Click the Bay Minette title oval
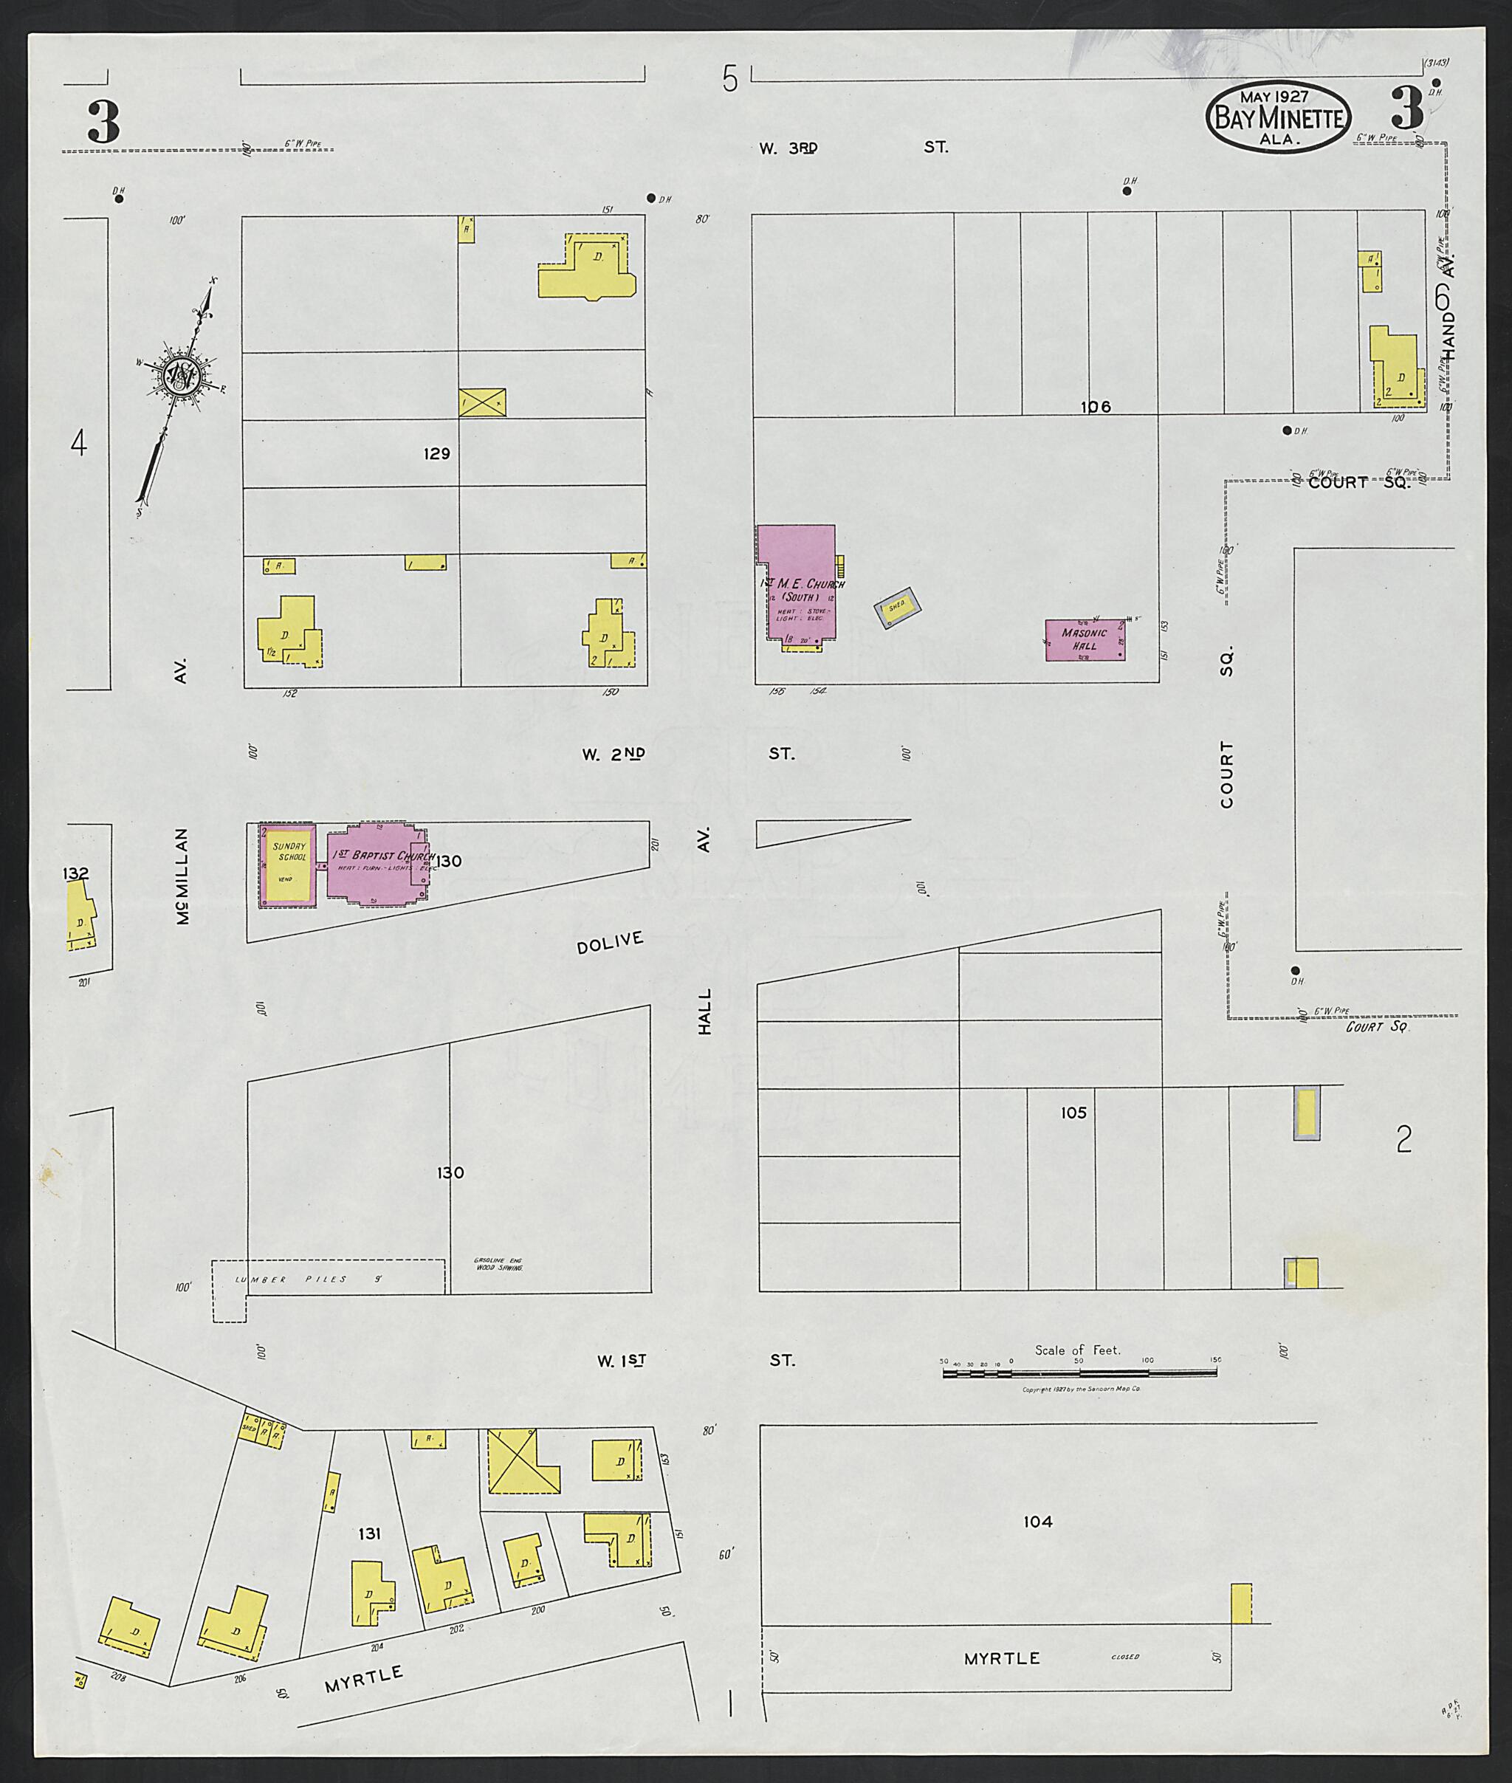1278,117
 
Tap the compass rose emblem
182,374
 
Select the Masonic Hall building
1085,639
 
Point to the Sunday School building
288,863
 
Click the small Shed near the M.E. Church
896,607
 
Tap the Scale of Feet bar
1079,1373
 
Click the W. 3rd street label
788,148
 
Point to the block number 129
436,453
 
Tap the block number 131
369,1533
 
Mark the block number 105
1073,1113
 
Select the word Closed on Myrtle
1124,1657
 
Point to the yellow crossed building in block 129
481,402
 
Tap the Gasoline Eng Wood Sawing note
498,1263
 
